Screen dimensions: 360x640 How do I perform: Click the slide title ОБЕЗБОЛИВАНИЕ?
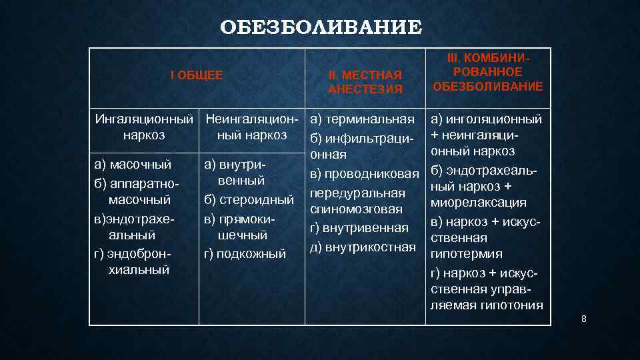(x=321, y=28)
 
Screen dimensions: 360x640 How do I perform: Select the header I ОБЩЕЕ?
(x=197, y=76)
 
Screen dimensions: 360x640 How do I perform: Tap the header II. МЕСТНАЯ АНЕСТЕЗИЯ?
(x=365, y=82)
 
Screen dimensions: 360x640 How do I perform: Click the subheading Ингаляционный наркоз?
(x=144, y=127)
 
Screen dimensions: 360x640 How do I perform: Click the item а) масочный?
(x=133, y=163)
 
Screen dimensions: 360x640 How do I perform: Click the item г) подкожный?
(x=245, y=253)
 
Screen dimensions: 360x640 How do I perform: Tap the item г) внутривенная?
(x=359, y=229)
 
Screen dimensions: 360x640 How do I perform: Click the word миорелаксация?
(x=479, y=203)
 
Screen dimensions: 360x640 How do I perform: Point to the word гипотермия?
(x=467, y=255)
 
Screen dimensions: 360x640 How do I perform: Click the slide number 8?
(x=584, y=319)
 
